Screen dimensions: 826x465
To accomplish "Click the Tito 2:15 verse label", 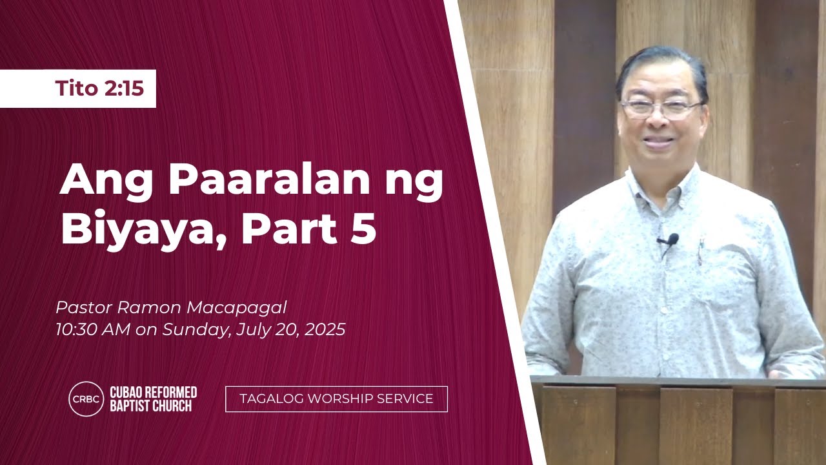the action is [99, 88].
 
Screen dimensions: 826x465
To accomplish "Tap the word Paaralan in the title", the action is [269, 180].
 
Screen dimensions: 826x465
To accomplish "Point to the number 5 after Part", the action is [363, 228].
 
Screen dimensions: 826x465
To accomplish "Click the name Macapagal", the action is [237, 308].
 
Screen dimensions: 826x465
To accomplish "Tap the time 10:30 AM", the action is [93, 329].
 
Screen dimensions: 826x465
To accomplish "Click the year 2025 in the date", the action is [325, 329].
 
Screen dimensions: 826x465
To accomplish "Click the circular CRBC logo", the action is [86, 399].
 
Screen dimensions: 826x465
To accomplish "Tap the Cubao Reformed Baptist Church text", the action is [154, 399].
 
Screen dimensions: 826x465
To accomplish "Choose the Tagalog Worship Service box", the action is [336, 399].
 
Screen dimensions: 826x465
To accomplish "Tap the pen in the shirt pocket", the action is [700, 252].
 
